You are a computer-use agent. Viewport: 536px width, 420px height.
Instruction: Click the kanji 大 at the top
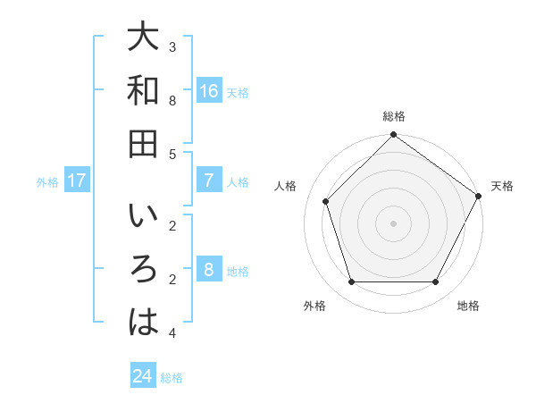click(143, 39)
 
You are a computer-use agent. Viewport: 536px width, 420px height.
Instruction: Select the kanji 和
click(143, 91)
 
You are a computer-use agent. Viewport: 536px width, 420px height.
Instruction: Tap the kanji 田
click(143, 143)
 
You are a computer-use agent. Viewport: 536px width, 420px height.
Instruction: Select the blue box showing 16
click(208, 91)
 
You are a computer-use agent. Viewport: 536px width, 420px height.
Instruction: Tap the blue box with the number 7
click(208, 181)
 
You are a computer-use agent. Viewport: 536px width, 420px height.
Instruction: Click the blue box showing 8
click(208, 271)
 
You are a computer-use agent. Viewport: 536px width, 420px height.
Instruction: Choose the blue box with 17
click(77, 181)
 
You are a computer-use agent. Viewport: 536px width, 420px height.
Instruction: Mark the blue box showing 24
click(143, 376)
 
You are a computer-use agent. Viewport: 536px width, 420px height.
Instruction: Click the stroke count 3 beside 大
click(172, 46)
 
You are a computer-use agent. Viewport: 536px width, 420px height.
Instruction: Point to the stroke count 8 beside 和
click(172, 100)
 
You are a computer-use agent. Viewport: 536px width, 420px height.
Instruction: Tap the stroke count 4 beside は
click(172, 333)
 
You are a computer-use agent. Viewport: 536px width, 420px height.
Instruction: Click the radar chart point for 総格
click(393, 137)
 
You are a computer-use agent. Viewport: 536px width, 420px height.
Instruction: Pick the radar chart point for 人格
click(326, 201)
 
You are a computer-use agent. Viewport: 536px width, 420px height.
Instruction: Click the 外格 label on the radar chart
click(314, 306)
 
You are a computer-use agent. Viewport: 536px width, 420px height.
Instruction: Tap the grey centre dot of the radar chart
click(393, 223)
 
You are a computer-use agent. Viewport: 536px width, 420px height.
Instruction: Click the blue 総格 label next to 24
click(172, 378)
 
